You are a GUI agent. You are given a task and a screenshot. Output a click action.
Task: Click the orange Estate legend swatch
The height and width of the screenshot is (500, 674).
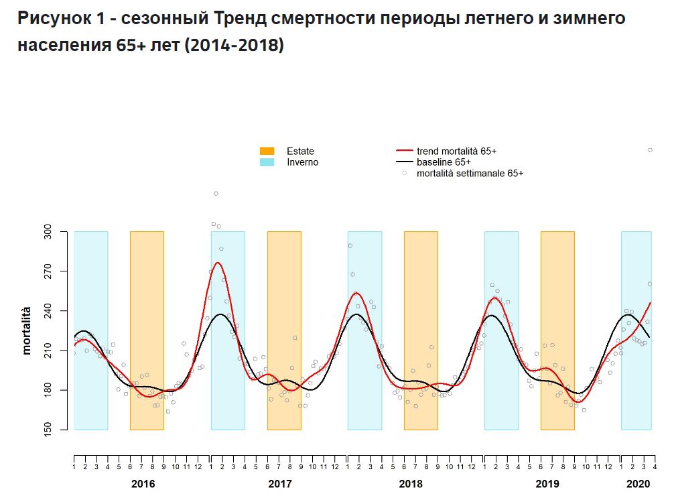click(x=267, y=151)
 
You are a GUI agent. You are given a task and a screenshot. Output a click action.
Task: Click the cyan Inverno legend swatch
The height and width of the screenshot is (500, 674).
click(x=267, y=162)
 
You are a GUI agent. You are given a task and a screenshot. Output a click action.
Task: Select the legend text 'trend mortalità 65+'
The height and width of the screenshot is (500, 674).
click(x=456, y=151)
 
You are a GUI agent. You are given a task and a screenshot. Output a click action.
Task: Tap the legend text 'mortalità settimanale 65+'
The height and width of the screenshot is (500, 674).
click(x=470, y=173)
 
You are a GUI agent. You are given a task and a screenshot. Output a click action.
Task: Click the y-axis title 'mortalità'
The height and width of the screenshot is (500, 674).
click(x=27, y=330)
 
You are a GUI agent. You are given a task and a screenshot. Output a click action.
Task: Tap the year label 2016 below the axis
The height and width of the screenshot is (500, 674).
click(x=143, y=483)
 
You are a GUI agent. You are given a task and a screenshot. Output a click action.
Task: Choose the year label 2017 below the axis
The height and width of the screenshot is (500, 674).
click(x=280, y=483)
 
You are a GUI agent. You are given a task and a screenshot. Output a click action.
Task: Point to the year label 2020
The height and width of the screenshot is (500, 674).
click(x=638, y=483)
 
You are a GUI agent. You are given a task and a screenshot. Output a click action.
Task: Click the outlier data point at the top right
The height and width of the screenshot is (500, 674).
click(x=650, y=150)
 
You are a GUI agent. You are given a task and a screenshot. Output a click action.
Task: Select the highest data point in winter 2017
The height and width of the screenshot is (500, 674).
click(x=216, y=194)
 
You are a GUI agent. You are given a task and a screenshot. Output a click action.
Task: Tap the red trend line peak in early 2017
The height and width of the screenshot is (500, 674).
click(x=218, y=263)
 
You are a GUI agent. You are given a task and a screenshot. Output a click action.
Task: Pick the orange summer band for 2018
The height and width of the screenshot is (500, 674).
click(x=421, y=330)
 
